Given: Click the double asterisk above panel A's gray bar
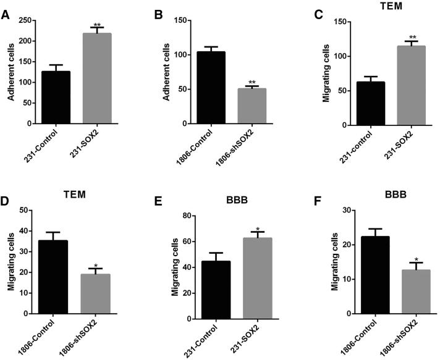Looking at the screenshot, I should tap(97, 25).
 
